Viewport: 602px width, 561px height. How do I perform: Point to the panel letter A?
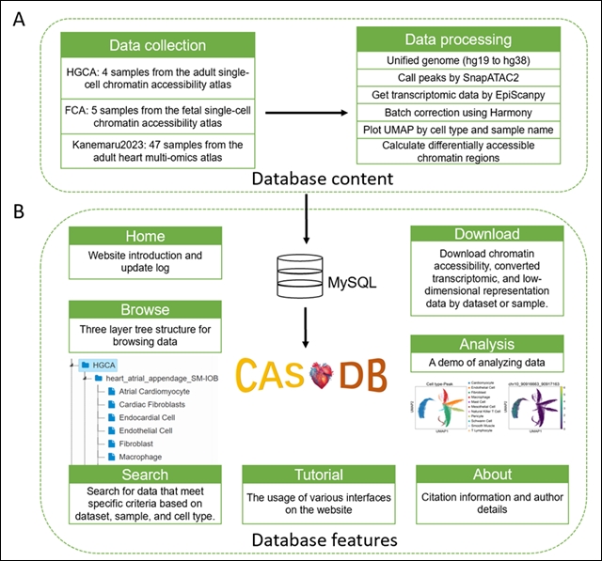17,18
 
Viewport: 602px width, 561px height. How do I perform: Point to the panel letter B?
17,211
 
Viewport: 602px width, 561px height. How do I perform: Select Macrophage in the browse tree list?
150,456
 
